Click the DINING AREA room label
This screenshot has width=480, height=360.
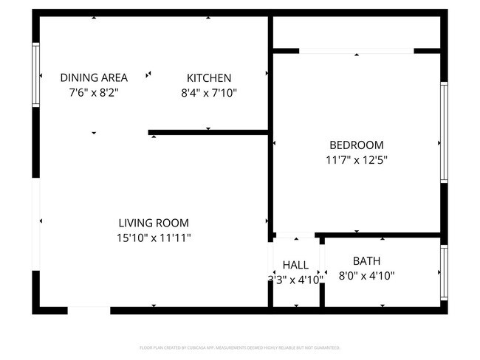94,77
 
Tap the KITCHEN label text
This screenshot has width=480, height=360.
209,77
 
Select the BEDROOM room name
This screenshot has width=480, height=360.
356,145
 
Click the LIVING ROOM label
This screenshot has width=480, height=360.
154,223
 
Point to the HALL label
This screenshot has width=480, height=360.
295,265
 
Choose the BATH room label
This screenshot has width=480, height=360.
366,260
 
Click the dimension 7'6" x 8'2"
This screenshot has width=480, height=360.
94,93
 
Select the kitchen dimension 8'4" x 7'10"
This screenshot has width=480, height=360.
209,93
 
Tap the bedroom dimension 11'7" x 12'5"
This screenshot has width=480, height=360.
356,160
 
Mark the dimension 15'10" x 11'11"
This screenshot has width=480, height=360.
154,238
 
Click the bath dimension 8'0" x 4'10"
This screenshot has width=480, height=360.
366,276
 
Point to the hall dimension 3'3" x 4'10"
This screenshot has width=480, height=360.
295,280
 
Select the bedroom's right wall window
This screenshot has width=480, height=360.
444,132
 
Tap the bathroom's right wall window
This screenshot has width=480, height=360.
444,273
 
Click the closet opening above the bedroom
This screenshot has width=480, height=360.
356,51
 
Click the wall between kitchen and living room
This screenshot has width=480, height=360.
209,133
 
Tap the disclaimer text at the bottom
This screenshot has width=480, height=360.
240,347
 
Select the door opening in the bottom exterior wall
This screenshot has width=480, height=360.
89,310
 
